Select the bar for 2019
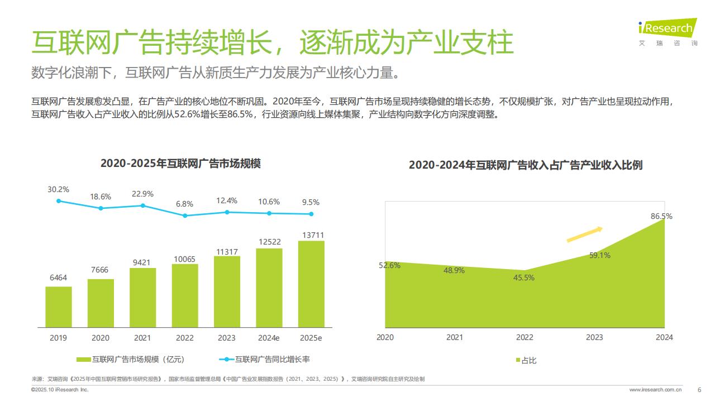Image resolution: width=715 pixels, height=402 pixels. point(59,307)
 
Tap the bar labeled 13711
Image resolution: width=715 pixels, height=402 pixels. point(311,284)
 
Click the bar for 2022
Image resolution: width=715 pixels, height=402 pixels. point(185,295)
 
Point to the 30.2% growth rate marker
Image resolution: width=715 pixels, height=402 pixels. point(59,201)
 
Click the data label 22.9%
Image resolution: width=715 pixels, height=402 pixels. point(142,194)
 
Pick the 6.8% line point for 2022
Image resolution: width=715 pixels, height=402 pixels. point(185,215)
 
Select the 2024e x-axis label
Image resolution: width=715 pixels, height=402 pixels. point(269,338)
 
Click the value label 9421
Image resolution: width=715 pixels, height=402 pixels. point(142,262)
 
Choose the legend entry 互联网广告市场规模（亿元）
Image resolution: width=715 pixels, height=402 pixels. point(137,360)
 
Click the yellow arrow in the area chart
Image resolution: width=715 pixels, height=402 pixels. point(584,234)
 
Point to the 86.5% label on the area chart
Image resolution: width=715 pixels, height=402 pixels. point(661,216)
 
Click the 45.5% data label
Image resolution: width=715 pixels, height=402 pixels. point(524,277)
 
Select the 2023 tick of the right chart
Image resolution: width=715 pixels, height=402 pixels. point(594,337)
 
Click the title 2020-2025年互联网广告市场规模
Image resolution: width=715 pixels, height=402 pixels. point(180,164)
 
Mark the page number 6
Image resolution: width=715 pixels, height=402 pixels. point(699,390)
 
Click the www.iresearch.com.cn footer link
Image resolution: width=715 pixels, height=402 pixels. point(655,390)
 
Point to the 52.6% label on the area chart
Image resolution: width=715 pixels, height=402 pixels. point(389,265)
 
